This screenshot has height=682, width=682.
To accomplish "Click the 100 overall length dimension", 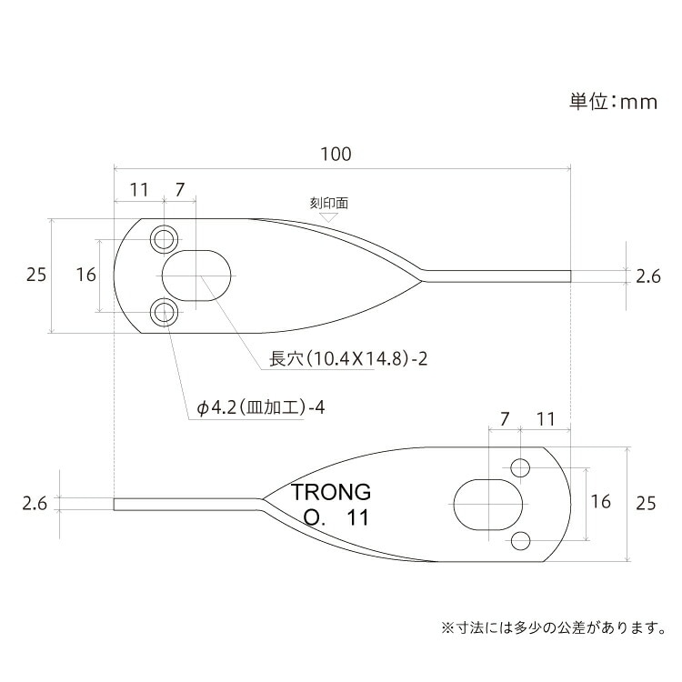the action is tap(336, 155).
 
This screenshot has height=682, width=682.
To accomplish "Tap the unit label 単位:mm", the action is tap(613, 102).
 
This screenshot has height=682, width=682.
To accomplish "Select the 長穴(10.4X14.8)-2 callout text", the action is tap(348, 359).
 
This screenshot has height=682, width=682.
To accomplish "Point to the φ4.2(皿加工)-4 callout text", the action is tap(261, 407).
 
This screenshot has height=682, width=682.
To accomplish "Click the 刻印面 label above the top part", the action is tap(329, 203).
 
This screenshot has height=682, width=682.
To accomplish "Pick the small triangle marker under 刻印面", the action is tap(329, 217).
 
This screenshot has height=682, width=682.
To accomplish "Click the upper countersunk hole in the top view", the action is tap(164, 239).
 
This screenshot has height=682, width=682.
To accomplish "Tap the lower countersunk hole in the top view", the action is tap(164, 312).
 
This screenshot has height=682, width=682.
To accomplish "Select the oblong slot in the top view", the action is tap(196, 276).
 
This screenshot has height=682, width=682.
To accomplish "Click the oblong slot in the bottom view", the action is tap(487, 505).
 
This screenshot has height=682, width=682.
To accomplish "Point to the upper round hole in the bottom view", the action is tap(520, 468).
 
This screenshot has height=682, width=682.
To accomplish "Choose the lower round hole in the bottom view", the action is tap(520, 541).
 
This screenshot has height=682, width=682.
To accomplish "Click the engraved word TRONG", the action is tap(331, 492).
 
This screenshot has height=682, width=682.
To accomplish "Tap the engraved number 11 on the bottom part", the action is tap(357, 517).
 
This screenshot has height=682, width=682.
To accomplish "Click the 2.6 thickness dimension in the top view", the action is tap(648, 276).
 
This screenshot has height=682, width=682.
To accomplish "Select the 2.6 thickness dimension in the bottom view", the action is tap(35, 504).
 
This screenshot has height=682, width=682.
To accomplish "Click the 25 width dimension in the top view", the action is tap(36, 275).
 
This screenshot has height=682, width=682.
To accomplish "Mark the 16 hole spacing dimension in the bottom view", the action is tap(600, 501).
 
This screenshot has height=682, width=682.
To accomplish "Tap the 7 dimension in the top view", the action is tap(180, 190).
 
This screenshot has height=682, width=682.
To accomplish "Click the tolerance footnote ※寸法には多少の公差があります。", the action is tap(553, 628).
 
